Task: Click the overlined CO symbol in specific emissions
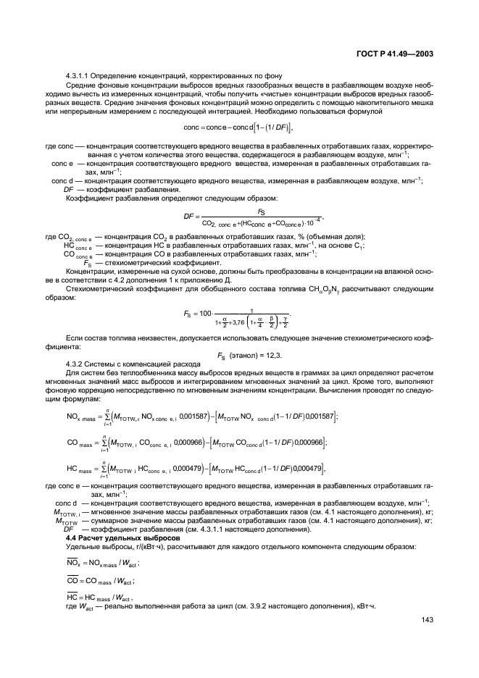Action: click(72, 579)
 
